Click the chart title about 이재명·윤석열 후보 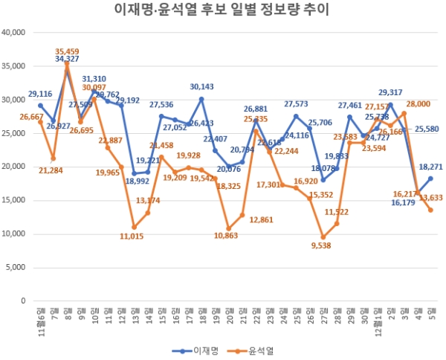(x=223, y=10)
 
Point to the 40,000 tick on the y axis (x=15, y=33)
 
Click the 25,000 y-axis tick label (x=15, y=133)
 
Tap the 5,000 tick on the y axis (x=17, y=268)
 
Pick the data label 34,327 (x=67, y=59)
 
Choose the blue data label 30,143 (x=202, y=87)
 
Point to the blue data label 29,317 (x=391, y=93)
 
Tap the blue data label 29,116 (x=40, y=94)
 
